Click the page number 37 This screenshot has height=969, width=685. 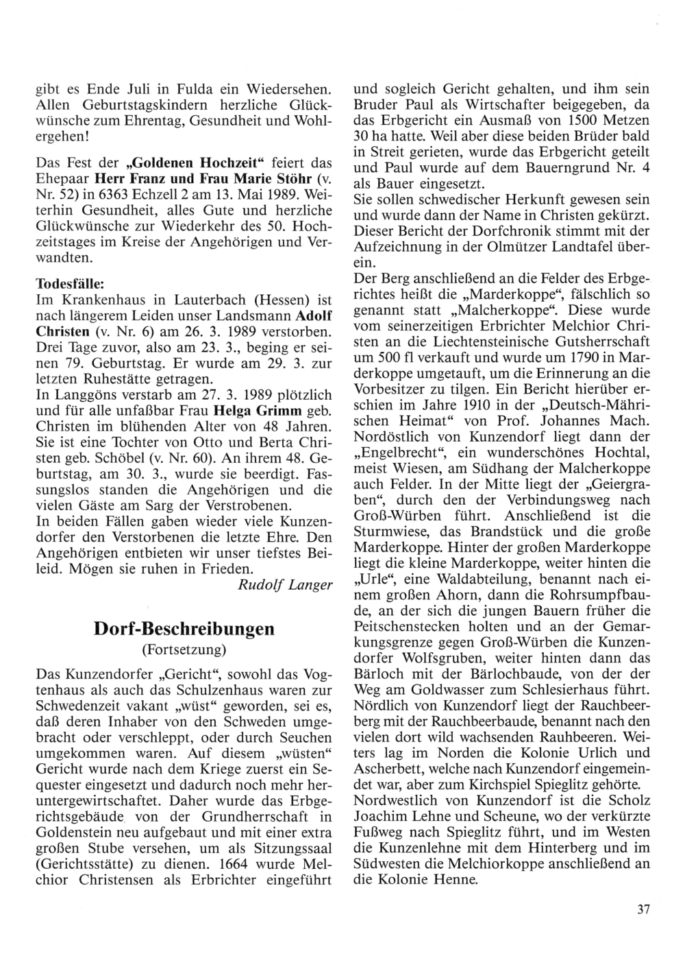(x=643, y=910)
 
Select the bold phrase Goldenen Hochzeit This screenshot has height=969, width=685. (x=184, y=164)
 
